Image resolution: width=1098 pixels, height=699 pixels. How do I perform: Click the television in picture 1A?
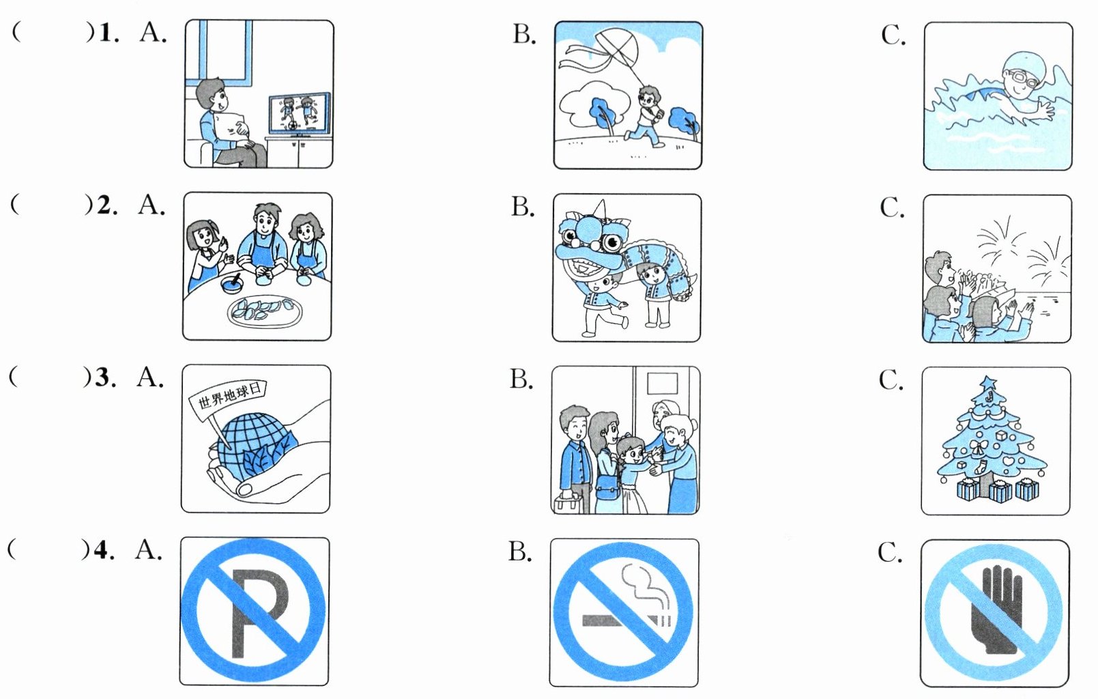(299, 115)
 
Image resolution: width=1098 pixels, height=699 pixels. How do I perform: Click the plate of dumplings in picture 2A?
(265, 311)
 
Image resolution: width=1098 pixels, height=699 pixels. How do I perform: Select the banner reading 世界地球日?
(228, 397)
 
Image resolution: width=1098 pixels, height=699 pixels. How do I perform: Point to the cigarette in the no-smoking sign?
(621, 620)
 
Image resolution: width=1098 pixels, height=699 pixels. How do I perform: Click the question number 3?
(103, 377)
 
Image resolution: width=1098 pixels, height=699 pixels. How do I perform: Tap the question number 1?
(106, 33)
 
